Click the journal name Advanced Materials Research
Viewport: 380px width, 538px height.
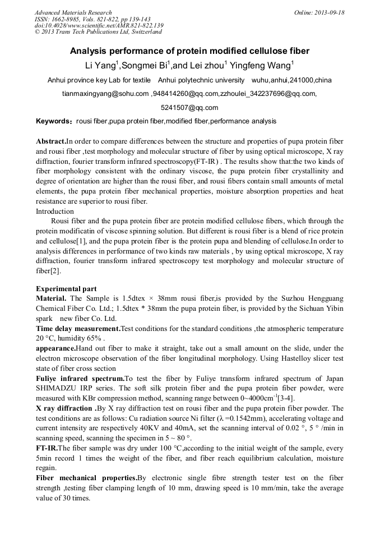(x=73, y=12)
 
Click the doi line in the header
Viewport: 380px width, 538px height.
(x=99, y=25)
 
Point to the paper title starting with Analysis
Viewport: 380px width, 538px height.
(x=189, y=51)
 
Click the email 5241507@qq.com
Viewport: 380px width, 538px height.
(x=189, y=108)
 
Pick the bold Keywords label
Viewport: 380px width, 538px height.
(x=53, y=121)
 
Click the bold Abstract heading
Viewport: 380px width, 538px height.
(x=51, y=141)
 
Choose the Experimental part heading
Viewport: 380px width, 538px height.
(x=66, y=289)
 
